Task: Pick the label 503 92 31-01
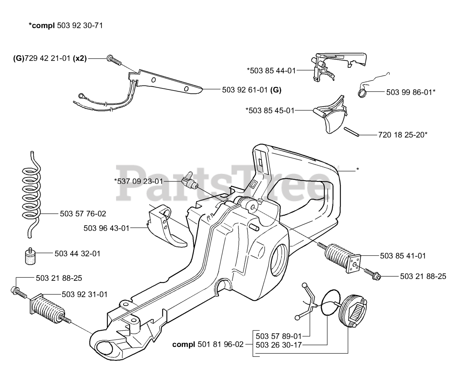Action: point(84,294)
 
